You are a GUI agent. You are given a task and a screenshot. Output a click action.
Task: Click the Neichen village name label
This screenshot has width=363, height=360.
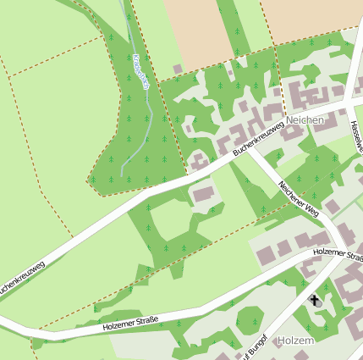[x=305, y=120]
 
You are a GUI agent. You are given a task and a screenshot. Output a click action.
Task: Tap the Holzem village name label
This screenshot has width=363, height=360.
[x=295, y=341]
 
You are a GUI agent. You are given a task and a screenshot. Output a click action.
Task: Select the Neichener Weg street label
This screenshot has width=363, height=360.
[x=298, y=199]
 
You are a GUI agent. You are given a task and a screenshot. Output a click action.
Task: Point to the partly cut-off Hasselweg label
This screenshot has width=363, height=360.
[x=355, y=136]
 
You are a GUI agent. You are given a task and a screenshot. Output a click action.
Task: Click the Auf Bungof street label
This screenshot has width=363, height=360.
[x=254, y=346]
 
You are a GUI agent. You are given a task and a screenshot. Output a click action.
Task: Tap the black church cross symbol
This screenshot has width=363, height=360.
[x=315, y=301]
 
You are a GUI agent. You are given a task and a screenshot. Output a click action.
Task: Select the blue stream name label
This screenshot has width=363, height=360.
[x=141, y=73]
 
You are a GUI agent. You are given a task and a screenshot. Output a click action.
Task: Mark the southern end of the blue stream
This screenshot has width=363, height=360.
[x=122, y=174]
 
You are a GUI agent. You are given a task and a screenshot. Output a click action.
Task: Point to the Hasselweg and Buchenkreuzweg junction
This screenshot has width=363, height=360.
[x=348, y=102]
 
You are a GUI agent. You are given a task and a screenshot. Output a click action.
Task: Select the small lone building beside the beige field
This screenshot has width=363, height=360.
[x=177, y=69]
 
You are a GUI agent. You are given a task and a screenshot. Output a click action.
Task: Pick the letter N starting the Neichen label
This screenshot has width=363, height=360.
[x=290, y=120]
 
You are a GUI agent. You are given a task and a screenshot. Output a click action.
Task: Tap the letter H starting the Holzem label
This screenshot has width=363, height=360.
[x=281, y=341]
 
